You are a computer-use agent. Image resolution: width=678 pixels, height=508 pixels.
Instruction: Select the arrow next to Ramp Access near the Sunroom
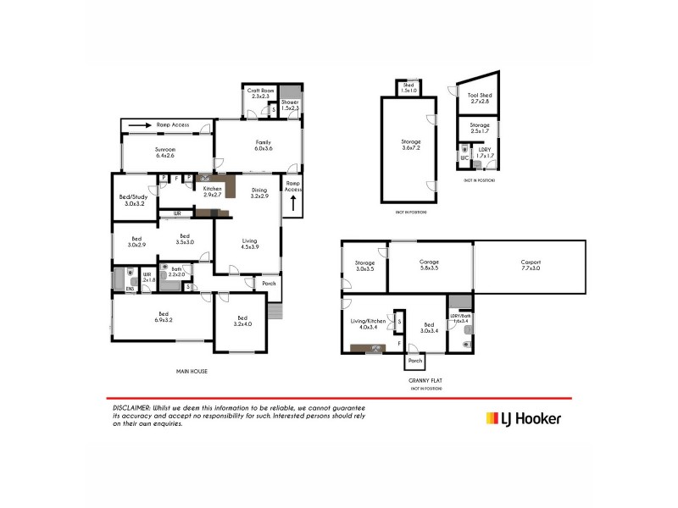tap(140, 125)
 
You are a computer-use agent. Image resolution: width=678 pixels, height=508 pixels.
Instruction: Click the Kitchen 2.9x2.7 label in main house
tap(212, 191)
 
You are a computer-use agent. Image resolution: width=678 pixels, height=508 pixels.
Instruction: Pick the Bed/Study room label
tap(135, 201)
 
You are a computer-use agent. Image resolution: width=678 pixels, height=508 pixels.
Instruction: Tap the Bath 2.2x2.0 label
tap(176, 273)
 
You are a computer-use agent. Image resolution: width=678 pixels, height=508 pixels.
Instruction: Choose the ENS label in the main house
tap(130, 290)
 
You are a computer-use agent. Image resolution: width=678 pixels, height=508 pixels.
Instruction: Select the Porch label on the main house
tap(269, 284)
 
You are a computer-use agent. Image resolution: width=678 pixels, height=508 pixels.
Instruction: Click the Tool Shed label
tap(479, 98)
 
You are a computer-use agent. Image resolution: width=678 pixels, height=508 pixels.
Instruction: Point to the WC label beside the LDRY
tap(464, 157)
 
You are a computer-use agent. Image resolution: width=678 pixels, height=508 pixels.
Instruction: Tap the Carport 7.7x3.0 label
tap(531, 264)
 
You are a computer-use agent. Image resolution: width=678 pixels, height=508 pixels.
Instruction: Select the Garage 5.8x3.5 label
tap(429, 264)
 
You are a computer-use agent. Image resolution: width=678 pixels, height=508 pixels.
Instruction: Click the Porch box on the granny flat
tap(415, 361)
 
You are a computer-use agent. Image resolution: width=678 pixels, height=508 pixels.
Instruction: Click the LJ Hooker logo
tap(522, 417)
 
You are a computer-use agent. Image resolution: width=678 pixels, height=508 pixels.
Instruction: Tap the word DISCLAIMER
tap(131, 407)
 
